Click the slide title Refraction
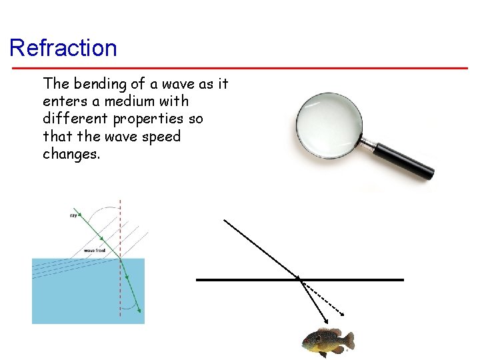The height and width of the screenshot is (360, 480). [x=63, y=48]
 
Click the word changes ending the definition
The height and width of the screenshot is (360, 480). [x=70, y=153]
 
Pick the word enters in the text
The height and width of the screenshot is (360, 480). [x=64, y=101]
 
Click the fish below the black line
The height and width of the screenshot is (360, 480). [x=327, y=341]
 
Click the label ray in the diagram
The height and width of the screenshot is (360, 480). [x=73, y=215]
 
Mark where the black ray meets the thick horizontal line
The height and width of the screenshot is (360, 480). [x=299, y=279]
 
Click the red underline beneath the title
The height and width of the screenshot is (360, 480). [x=240, y=67]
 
